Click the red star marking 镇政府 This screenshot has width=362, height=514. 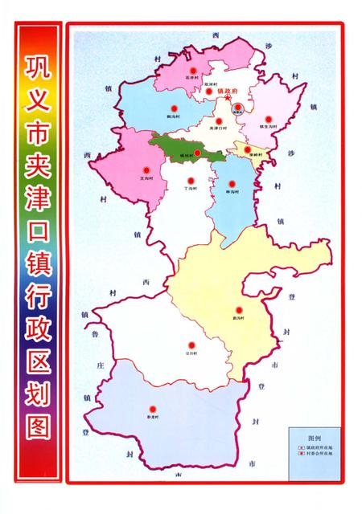[x=228, y=98]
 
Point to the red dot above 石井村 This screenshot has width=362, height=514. [x=193, y=71]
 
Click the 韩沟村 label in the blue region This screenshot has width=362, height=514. [x=171, y=116]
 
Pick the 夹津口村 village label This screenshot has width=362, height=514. [x=218, y=128]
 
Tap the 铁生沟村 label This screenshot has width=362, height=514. [x=269, y=126]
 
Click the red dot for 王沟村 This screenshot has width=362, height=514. [x=146, y=169]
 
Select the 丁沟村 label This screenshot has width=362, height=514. [x=191, y=187]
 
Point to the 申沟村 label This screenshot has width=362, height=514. [x=232, y=191]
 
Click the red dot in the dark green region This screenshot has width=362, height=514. [x=196, y=152]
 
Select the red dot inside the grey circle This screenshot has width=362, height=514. [x=237, y=106]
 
